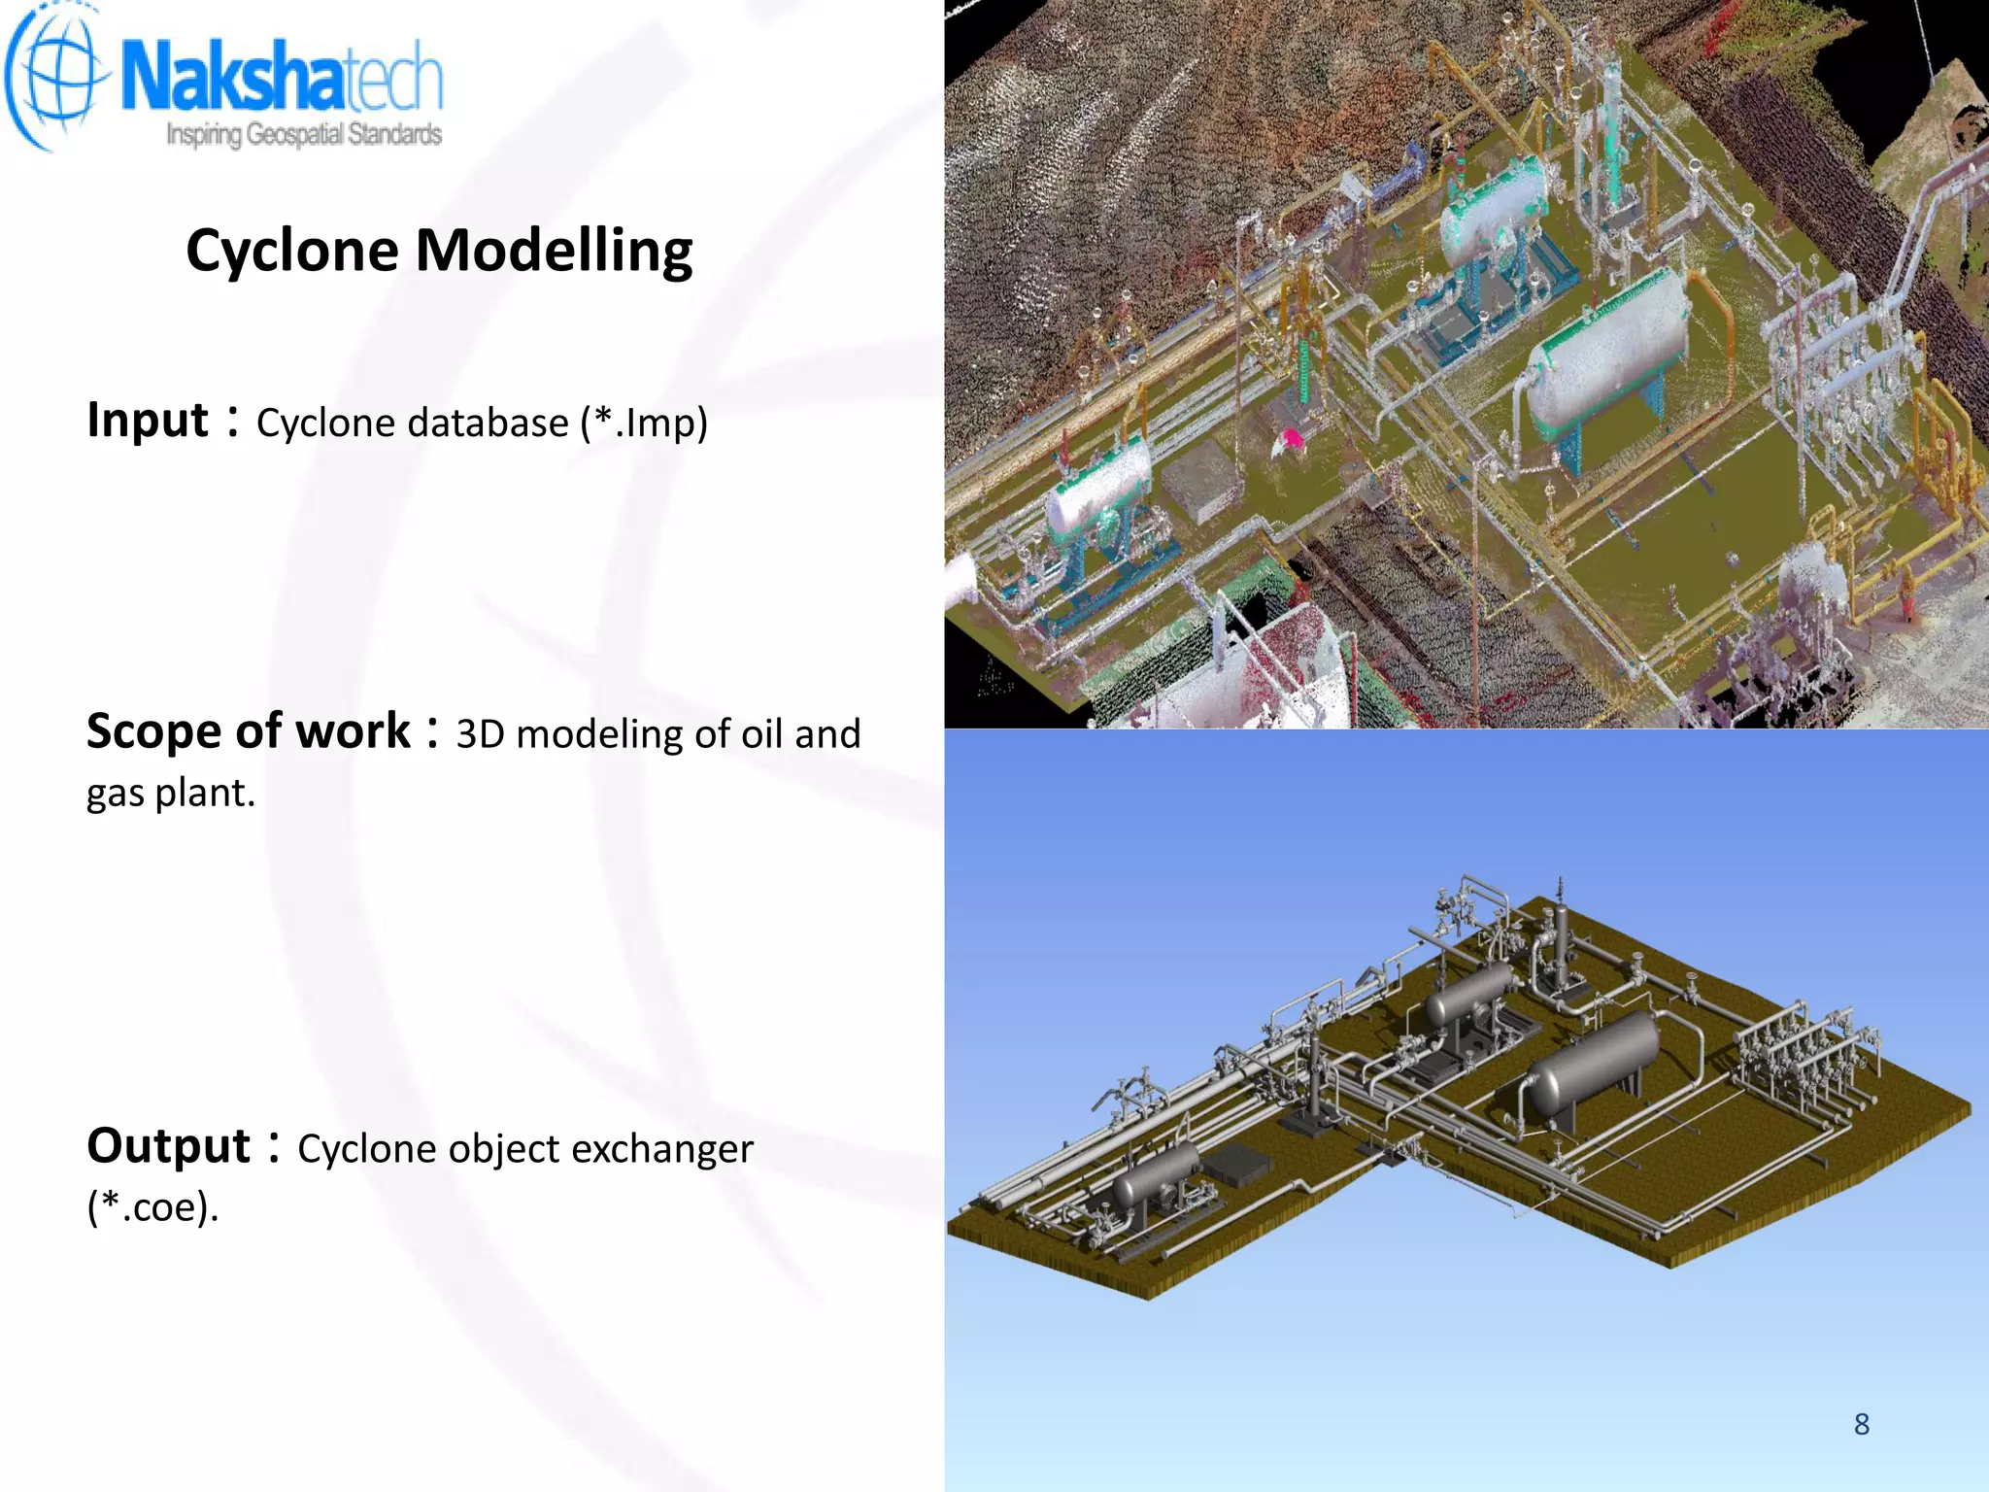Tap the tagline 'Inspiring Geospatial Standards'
pos(304,134)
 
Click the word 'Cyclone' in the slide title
pos(291,251)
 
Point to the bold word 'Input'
pos(148,421)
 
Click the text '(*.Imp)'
pos(644,424)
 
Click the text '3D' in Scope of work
pos(480,734)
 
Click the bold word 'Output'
pos(169,1146)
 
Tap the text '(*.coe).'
pos(152,1207)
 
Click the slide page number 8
pos(1861,1424)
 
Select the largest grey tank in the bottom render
pos(1593,1064)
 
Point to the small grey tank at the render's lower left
pos(1156,1179)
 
